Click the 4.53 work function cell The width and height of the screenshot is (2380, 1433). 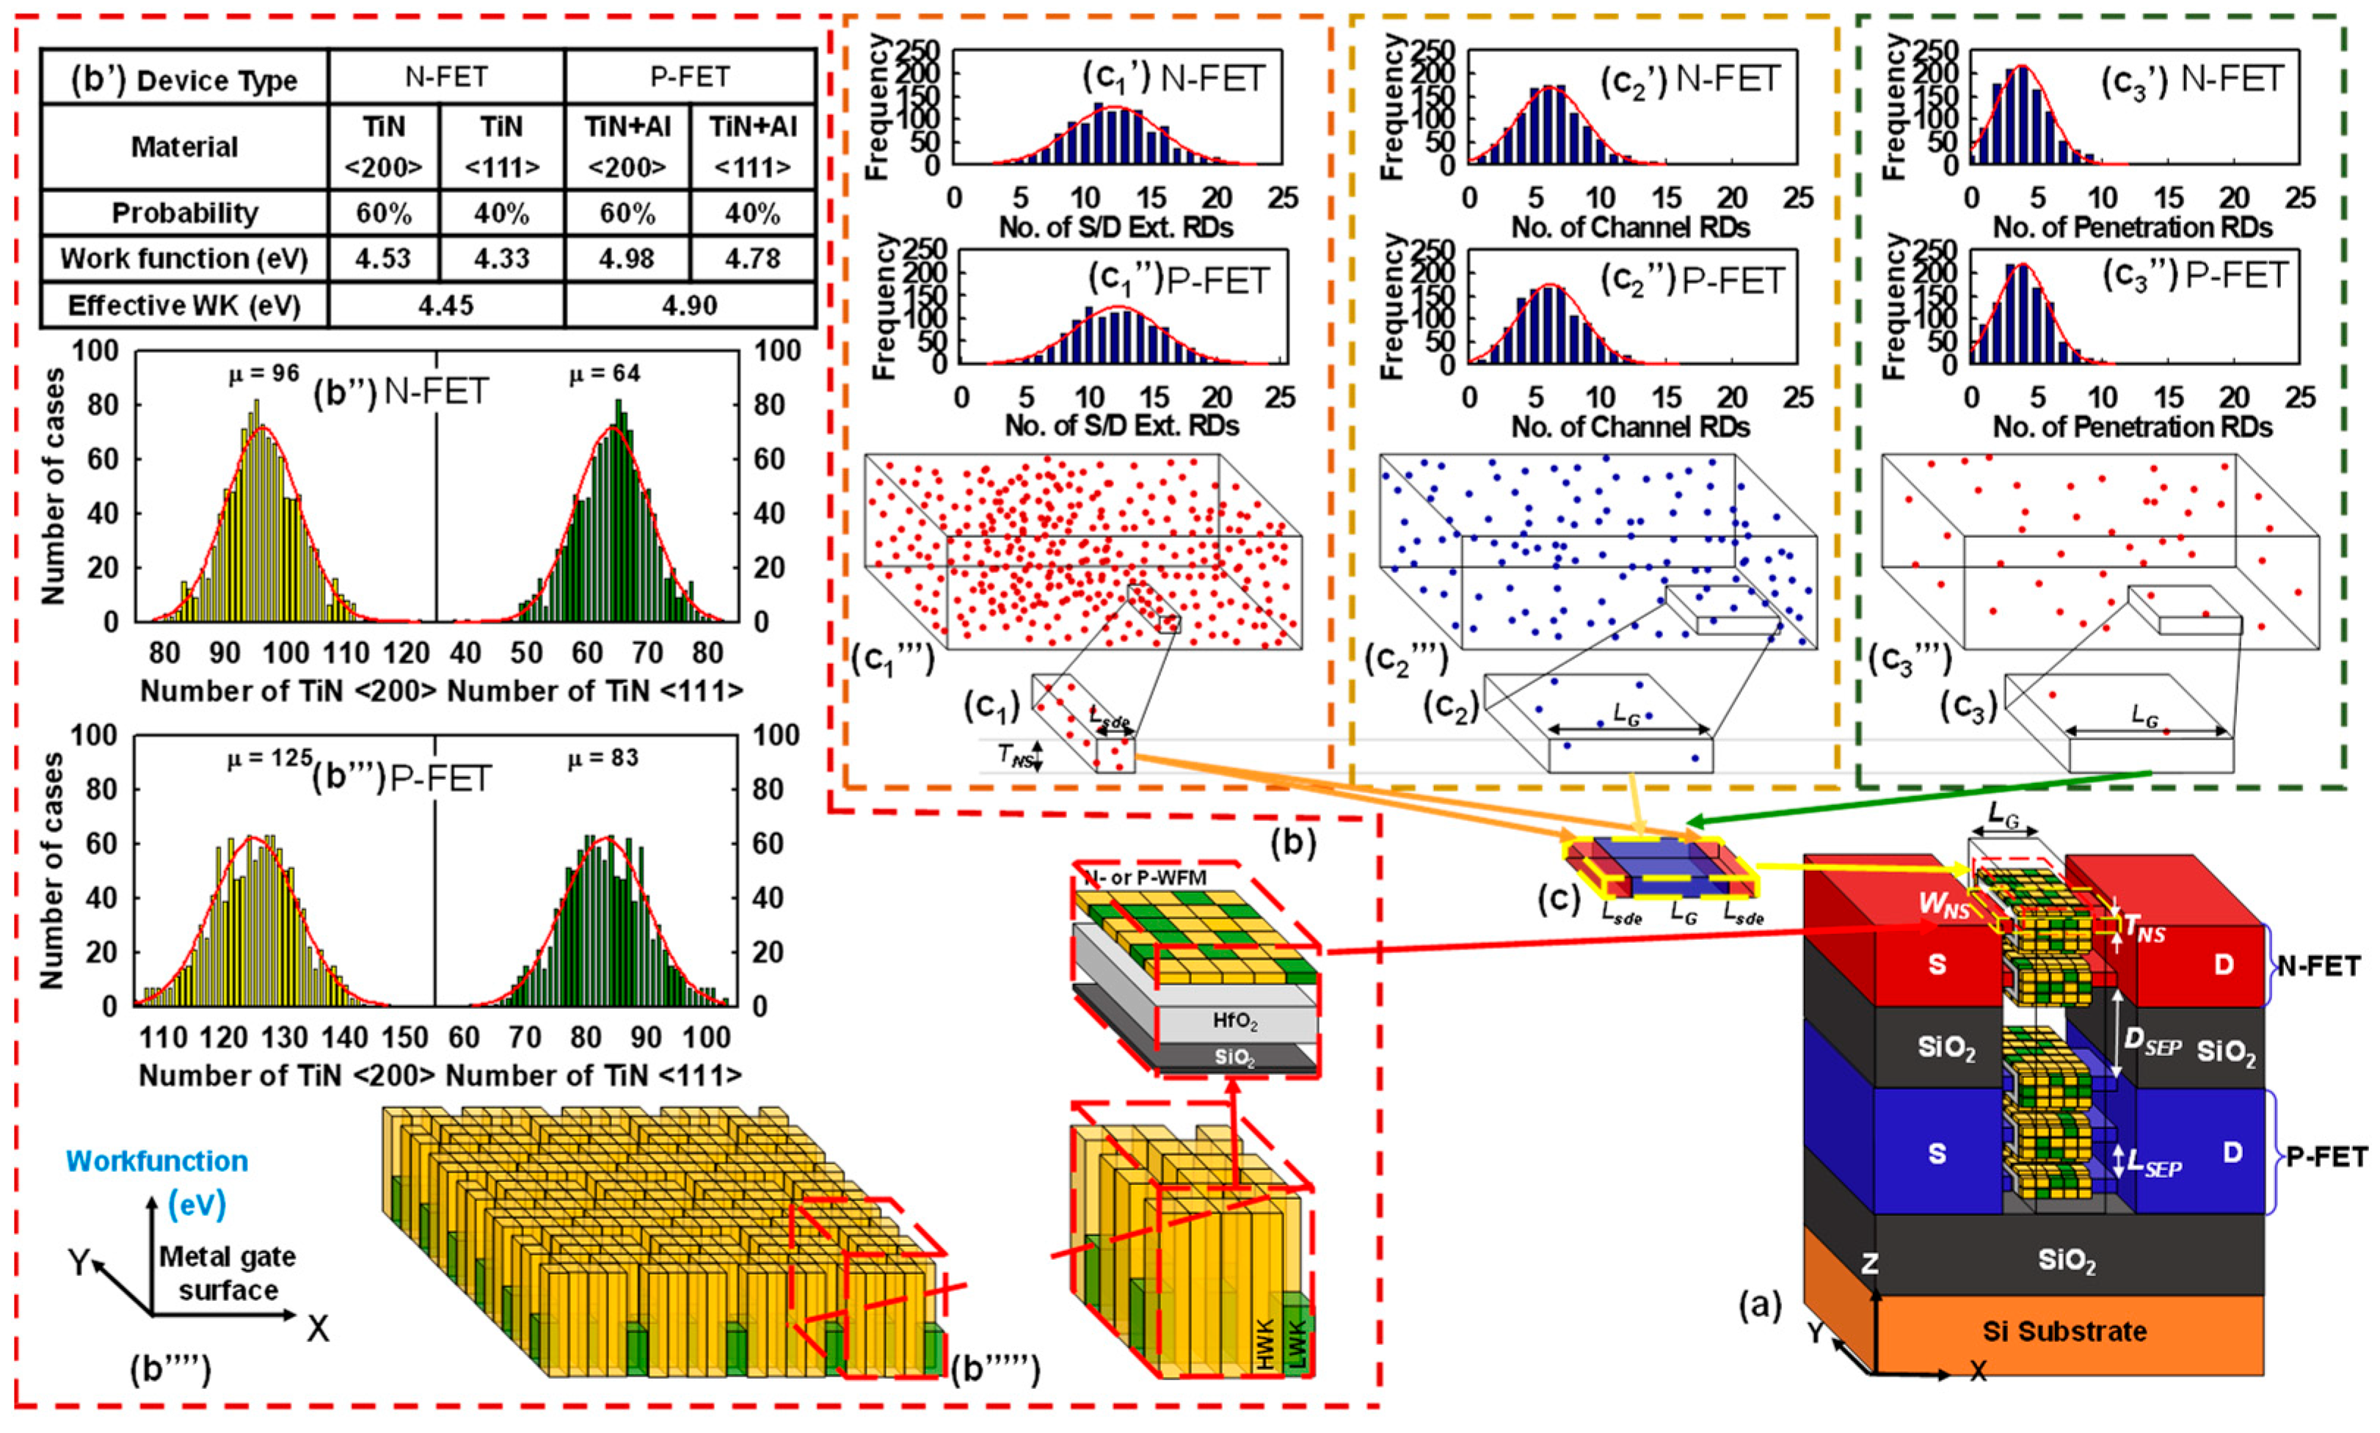coord(383,259)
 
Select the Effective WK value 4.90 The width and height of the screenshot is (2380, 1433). coord(689,306)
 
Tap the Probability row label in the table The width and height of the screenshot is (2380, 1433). coord(184,214)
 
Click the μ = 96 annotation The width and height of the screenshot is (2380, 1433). coord(263,373)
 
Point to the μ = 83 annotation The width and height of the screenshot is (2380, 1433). coord(603,758)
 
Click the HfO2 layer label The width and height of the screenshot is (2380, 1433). coord(1235,1021)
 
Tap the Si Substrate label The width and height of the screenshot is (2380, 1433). coord(2064,1331)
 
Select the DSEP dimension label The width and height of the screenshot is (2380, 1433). coord(2152,1045)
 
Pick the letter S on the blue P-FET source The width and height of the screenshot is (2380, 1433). coord(1936,1154)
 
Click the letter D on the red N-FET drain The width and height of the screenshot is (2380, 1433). coord(2223,965)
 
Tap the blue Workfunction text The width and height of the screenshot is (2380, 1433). coord(156,1161)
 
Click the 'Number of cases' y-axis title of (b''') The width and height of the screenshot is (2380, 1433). coord(52,871)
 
